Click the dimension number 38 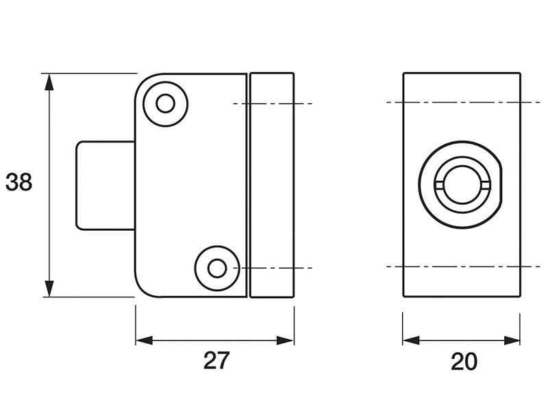[x=19, y=182]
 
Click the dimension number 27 [x=216, y=360]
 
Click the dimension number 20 [x=464, y=362]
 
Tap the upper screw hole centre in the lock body [x=165, y=104]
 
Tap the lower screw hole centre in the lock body [x=217, y=268]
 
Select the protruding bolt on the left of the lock [x=105, y=186]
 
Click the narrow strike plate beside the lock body [x=272, y=185]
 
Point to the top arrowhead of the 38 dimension [x=49, y=82]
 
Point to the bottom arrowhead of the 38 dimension [x=49, y=288]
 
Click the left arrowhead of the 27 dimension [x=145, y=340]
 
